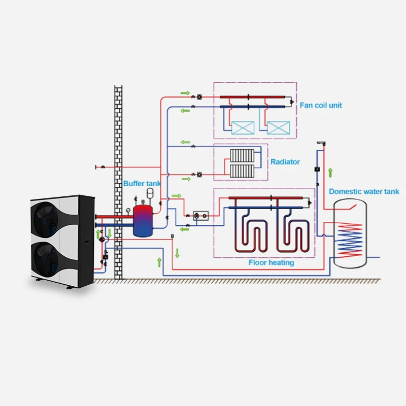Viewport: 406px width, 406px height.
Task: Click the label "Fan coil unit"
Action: tap(321, 105)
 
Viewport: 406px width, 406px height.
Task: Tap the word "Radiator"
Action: tap(285, 162)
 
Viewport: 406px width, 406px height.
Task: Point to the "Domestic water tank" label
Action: tap(364, 191)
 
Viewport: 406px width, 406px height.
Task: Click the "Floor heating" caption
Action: tap(271, 262)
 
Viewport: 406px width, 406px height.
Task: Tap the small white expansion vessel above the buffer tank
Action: tap(150, 192)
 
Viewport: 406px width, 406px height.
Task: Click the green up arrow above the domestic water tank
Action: tap(330, 173)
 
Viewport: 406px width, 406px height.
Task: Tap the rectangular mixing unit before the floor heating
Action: tap(202, 216)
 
